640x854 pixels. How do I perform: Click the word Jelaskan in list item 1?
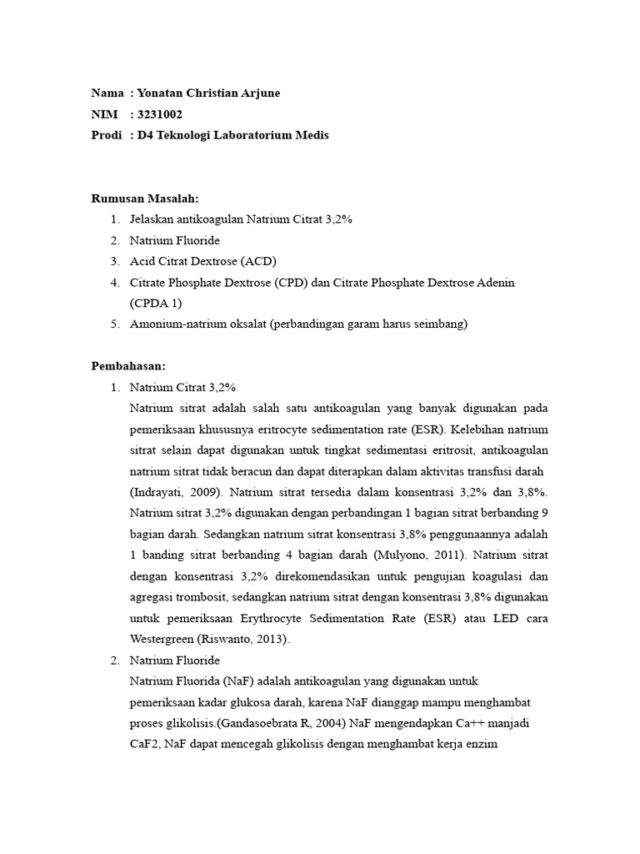pyautogui.click(x=153, y=219)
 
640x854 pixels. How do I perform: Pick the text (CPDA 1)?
pyautogui.click(x=155, y=303)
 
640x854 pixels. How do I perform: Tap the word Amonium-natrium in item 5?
pyautogui.click(x=172, y=324)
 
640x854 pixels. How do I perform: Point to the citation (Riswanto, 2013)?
pyautogui.click(x=244, y=639)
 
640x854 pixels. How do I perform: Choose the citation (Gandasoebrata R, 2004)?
pyautogui.click(x=265, y=723)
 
